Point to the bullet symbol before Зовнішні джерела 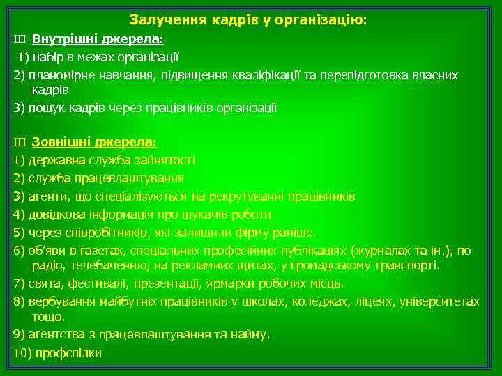pyautogui.click(x=18, y=142)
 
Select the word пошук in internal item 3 pyautogui.click(x=45, y=108)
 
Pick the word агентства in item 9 pyautogui.click(x=53, y=334)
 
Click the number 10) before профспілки pyautogui.click(x=22, y=352)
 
